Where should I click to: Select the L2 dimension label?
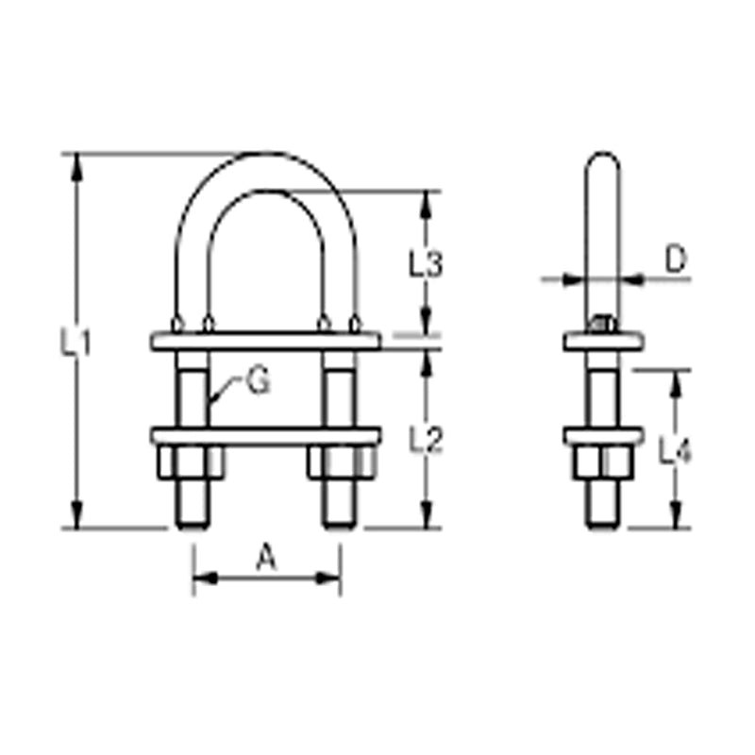tap(426, 439)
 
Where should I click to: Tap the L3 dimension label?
tap(426, 264)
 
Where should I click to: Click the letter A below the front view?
tap(267, 561)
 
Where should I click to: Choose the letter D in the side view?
tap(675, 258)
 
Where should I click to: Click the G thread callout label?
tap(257, 382)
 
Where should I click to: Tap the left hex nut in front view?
tap(190, 461)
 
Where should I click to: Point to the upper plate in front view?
tap(265, 341)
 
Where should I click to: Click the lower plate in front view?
tap(265, 437)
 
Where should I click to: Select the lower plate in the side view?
tap(603, 437)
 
